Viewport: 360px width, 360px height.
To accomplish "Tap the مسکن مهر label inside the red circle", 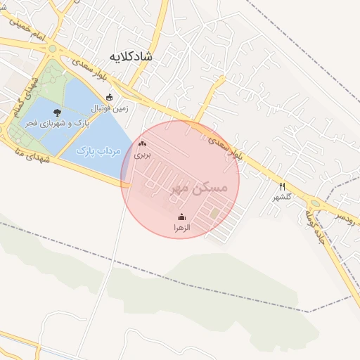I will (x=200, y=188).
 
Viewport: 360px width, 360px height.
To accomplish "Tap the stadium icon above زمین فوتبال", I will (x=108, y=98).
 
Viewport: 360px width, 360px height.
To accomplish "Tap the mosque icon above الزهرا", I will (x=182, y=217).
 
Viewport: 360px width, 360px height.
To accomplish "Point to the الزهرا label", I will (x=182, y=228).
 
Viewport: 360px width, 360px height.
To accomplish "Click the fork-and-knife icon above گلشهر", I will (x=282, y=186).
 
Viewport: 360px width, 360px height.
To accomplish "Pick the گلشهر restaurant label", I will (x=282, y=197).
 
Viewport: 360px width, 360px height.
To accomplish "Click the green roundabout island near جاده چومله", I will (x=314, y=204).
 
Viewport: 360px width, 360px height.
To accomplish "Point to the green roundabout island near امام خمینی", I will (x=52, y=49).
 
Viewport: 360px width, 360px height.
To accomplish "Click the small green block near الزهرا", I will (x=214, y=212).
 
